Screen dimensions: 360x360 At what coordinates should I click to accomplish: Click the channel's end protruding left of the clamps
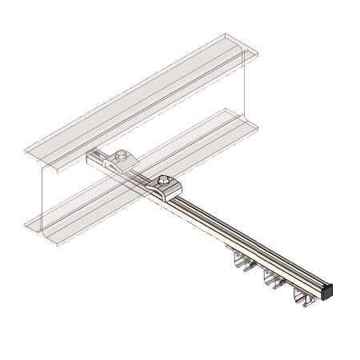93,158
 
